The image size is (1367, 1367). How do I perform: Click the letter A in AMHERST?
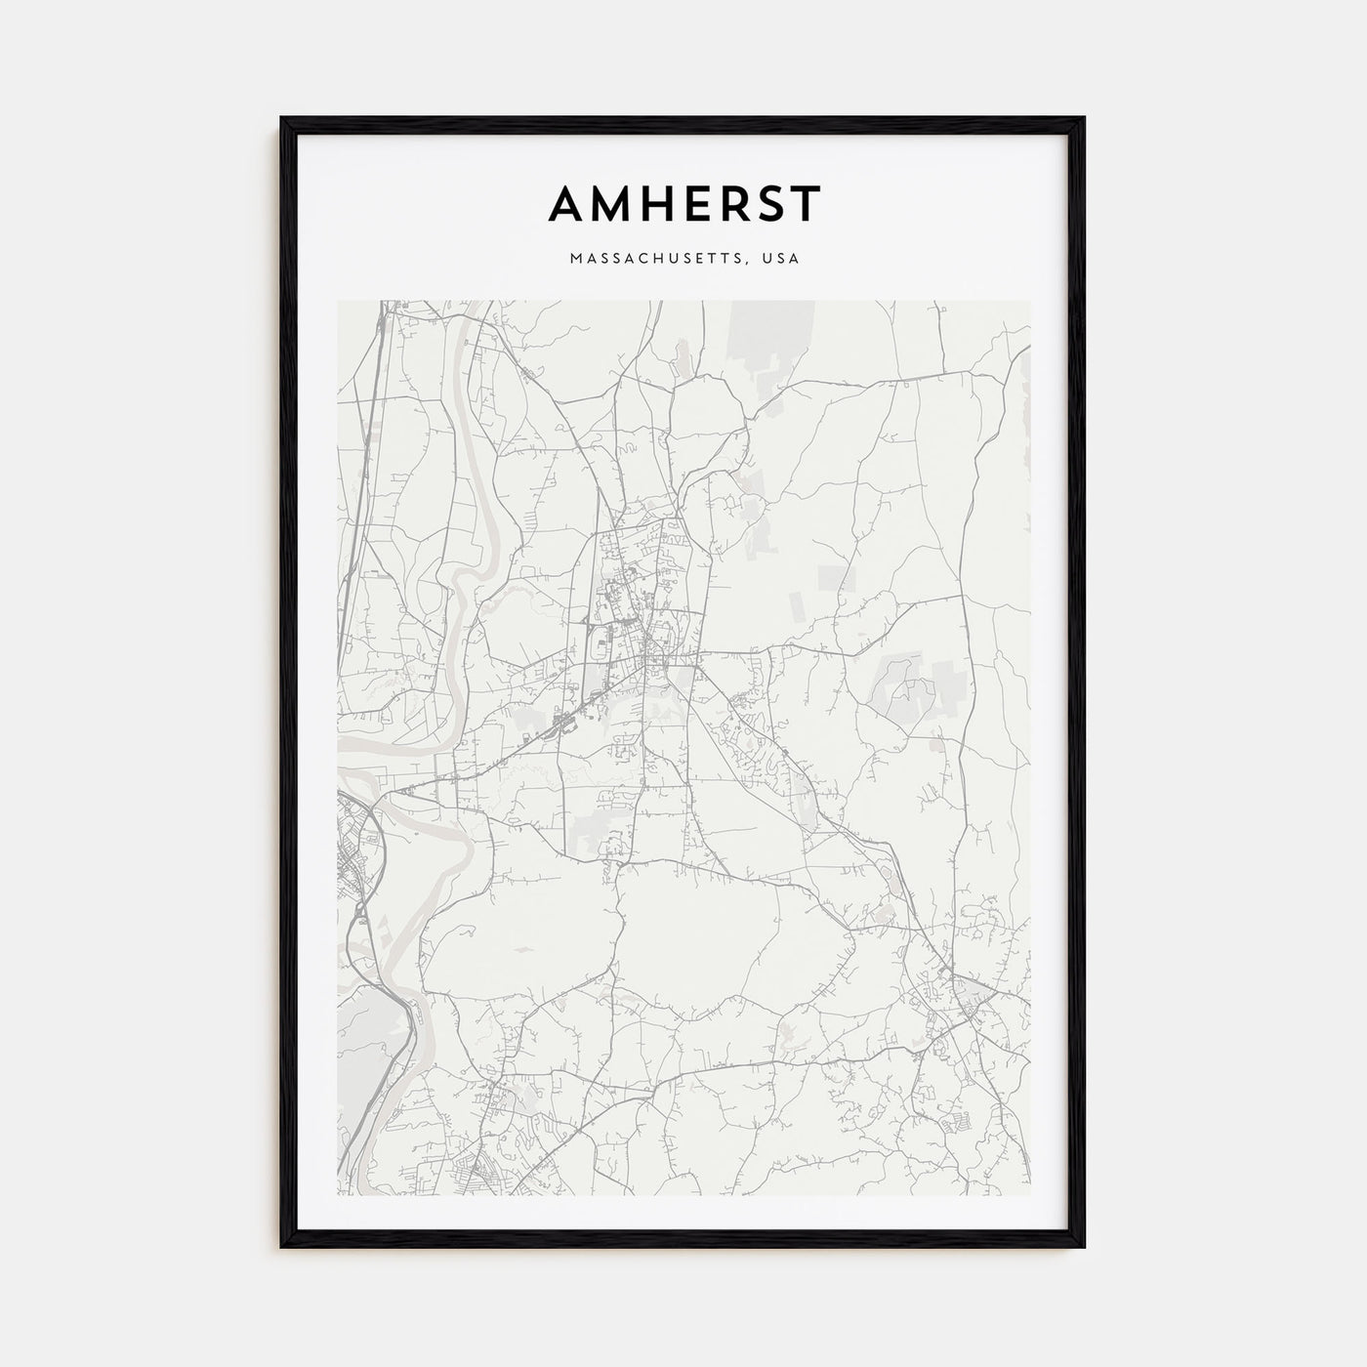coord(567,204)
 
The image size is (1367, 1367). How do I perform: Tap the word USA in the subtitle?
coord(783,260)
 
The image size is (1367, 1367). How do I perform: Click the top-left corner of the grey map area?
coord(339,302)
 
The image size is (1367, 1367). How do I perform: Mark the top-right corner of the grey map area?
coord(1029,302)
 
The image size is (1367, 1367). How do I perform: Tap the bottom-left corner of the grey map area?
coord(339,1194)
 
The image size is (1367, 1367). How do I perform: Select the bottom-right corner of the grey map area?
coord(1029,1194)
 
